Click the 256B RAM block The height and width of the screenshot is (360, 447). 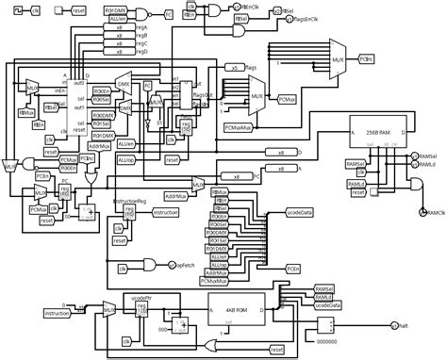[x=376, y=132]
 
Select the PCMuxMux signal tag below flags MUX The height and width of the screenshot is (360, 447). [x=240, y=123]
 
